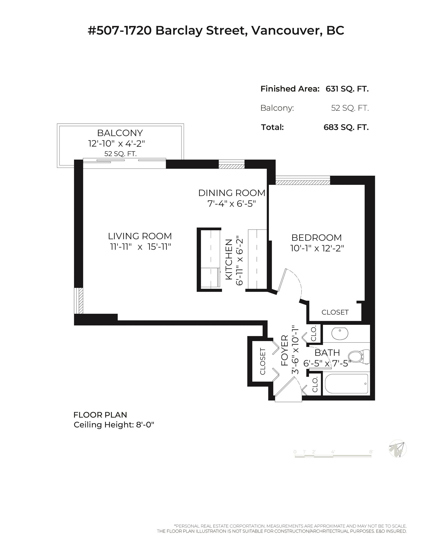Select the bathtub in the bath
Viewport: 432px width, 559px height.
[347, 384]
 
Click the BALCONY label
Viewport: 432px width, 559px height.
[120, 133]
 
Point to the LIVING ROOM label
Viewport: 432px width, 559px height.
[140, 236]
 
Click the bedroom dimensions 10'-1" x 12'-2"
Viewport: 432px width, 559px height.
[317, 248]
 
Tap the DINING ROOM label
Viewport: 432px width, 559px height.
[232, 193]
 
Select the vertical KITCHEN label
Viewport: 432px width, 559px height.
[229, 259]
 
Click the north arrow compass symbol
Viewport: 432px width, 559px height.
[398, 448]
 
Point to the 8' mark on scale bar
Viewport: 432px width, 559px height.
[371, 452]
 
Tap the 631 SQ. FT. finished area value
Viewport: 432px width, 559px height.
[347, 89]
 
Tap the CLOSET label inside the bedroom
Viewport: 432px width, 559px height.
[335, 312]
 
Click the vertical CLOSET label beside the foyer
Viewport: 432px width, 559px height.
[263, 362]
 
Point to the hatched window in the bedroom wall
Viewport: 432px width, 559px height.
[303, 182]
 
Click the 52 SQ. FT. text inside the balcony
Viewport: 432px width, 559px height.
[120, 154]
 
